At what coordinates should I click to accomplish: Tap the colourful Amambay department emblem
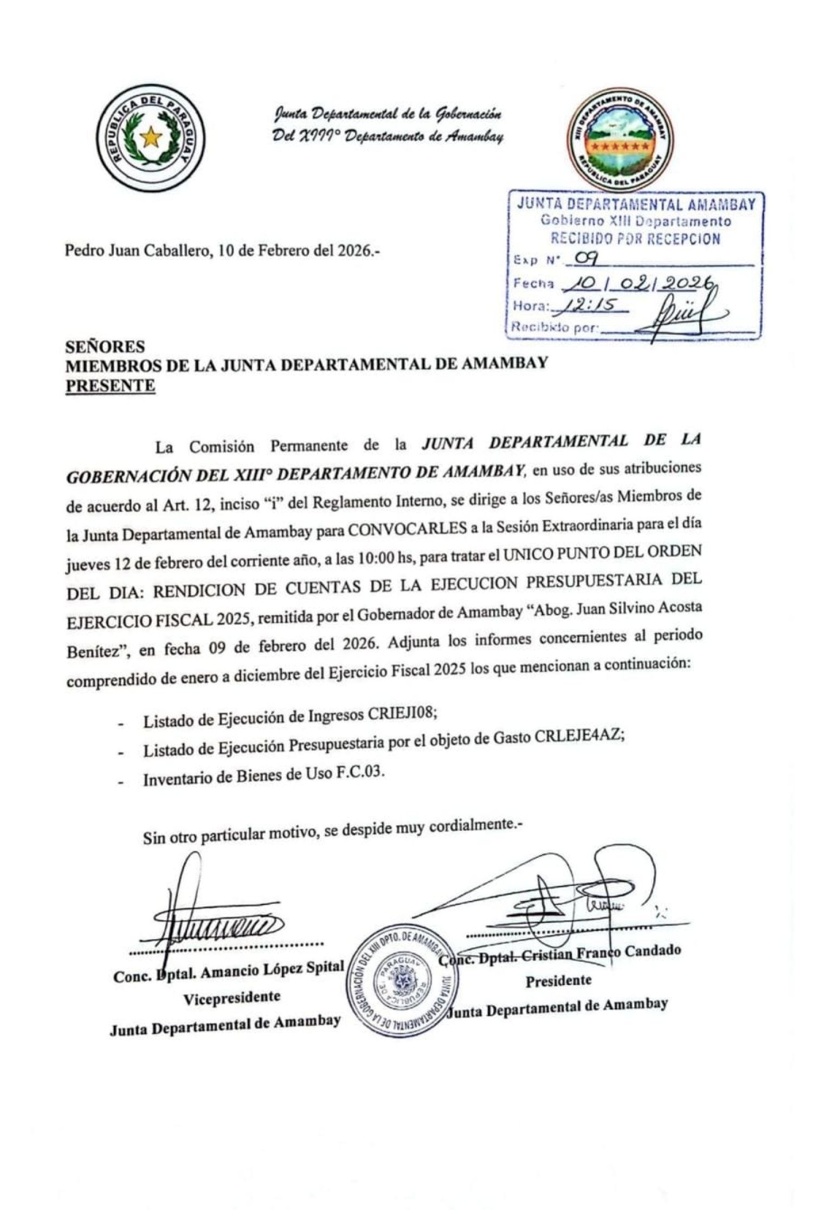(621, 142)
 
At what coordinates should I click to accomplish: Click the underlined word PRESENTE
(110, 386)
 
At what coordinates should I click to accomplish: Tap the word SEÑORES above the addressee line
(105, 346)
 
